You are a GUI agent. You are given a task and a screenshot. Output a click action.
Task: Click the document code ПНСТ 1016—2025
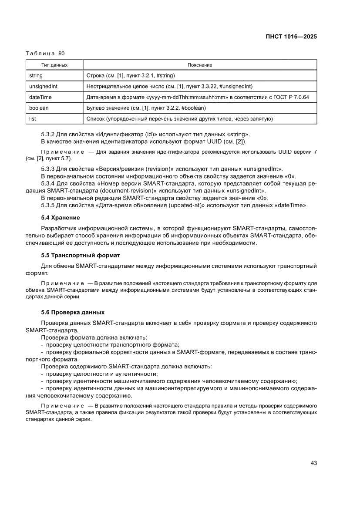coord(291,37)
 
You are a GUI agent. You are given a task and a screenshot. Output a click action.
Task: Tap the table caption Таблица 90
coord(45,54)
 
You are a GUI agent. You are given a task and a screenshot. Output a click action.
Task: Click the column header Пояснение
coord(200,65)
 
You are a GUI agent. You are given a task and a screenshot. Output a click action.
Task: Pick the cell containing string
coord(36,75)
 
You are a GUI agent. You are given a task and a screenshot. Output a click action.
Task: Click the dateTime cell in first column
coord(40,97)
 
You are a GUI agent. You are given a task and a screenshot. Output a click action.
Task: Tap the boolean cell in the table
coord(39,108)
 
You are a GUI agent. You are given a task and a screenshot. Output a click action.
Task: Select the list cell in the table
coord(32,118)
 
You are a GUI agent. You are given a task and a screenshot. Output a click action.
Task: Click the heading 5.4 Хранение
coord(60,217)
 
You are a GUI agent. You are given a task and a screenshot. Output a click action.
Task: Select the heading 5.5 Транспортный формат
coord(80,255)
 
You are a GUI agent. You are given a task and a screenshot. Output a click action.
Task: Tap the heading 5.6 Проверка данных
coord(73,312)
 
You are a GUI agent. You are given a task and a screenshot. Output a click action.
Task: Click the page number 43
coord(313,463)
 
